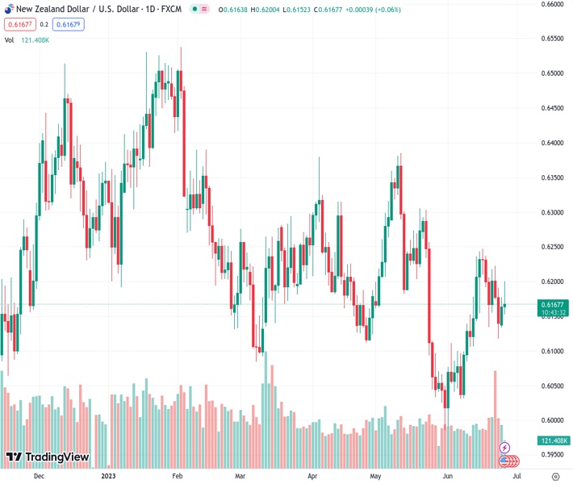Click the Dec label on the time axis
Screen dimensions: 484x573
[39, 476]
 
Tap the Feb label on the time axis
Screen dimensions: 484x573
[180, 476]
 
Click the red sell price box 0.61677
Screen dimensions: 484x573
[19, 25]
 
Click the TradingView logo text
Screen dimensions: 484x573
[56, 457]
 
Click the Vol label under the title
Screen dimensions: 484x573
[10, 40]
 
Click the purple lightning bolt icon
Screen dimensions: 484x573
[505, 448]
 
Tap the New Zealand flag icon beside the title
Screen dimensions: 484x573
[6, 9]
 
